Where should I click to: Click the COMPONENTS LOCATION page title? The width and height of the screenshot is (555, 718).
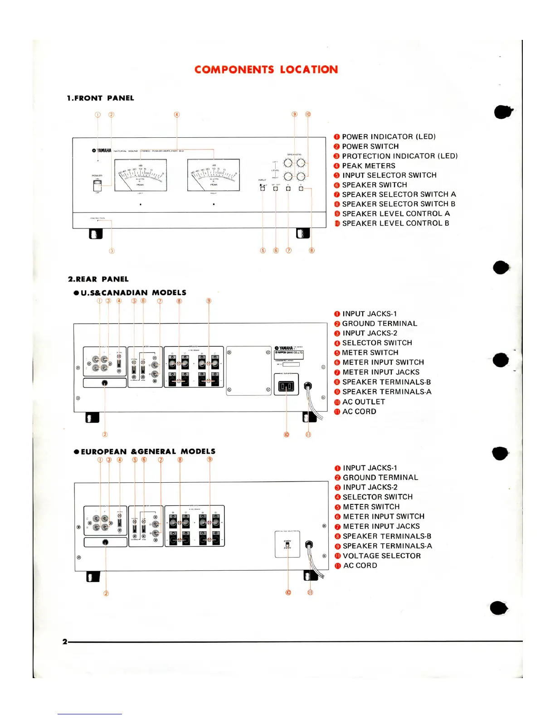(x=266, y=69)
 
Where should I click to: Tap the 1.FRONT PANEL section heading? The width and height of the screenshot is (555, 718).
(x=100, y=98)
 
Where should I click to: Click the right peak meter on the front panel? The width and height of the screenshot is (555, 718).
(x=213, y=175)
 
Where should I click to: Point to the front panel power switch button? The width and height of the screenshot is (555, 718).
(x=97, y=184)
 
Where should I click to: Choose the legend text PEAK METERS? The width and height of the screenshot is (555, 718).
(x=368, y=166)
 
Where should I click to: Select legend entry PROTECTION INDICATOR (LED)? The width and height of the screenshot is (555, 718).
(x=399, y=156)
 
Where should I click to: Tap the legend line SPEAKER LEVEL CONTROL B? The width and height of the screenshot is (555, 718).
(x=395, y=223)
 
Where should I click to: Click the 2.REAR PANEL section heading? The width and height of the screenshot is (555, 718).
(x=98, y=279)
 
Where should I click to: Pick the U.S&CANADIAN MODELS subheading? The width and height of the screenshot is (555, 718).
(x=133, y=293)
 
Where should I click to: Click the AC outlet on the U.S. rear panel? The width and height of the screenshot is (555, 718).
(x=286, y=386)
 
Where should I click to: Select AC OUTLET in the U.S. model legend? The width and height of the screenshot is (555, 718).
(x=363, y=402)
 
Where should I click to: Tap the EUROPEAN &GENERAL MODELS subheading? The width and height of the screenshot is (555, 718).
(x=147, y=451)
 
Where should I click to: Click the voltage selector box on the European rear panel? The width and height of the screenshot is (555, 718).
(x=287, y=544)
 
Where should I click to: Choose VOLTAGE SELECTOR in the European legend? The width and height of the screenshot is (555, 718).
(x=381, y=556)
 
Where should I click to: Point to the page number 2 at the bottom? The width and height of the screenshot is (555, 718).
(x=65, y=641)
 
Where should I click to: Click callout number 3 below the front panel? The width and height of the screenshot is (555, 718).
(x=112, y=251)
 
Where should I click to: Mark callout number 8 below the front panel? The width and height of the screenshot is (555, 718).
(x=312, y=250)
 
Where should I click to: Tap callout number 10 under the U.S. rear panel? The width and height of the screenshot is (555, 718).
(x=286, y=434)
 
